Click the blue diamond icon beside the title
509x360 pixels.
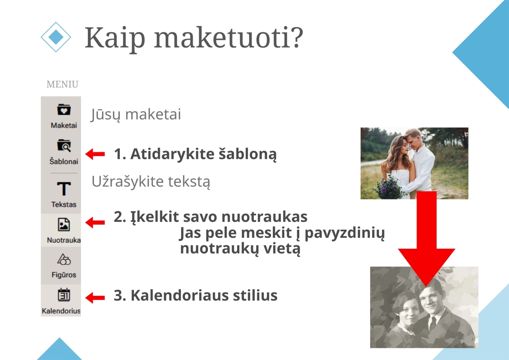56,37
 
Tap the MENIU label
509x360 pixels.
62,84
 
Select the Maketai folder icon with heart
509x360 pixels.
64,110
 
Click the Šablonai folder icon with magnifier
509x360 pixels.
64,146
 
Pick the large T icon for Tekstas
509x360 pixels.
64,189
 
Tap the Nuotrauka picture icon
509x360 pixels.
64,225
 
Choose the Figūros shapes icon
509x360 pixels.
64,259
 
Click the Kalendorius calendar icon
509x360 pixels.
64,295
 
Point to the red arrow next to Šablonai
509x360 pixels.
95,154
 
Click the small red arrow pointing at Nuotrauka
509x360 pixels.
95,222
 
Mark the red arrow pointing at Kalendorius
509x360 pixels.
95,298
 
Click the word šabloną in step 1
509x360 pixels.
248,154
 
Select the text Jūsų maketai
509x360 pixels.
136,114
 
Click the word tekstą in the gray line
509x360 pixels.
189,182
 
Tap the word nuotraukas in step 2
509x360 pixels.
264,217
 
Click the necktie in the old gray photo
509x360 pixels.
433,323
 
